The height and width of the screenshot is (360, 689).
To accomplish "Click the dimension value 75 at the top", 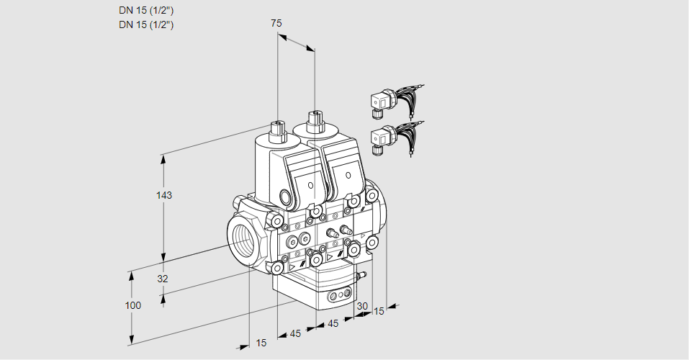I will (x=276, y=24).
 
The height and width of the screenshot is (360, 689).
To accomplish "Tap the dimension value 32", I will (x=163, y=279).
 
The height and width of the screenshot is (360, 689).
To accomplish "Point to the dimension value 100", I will (x=133, y=305).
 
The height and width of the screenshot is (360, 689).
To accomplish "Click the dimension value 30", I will (x=361, y=306).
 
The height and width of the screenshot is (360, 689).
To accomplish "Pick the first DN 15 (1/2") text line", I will (x=146, y=11).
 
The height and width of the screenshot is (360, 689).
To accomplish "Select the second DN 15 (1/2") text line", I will (x=146, y=24).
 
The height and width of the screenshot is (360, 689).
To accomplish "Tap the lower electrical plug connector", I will (x=382, y=138).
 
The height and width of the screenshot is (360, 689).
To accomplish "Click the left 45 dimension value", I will (x=295, y=333).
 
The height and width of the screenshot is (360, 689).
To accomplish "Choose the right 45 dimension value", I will (x=333, y=324).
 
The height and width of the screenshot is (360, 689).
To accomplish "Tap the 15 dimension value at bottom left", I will (x=261, y=343).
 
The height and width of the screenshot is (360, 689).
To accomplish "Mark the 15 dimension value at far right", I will (x=379, y=311).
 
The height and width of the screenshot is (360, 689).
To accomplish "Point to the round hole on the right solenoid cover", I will (x=348, y=176).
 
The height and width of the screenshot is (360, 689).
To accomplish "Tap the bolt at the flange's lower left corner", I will (x=276, y=268).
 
